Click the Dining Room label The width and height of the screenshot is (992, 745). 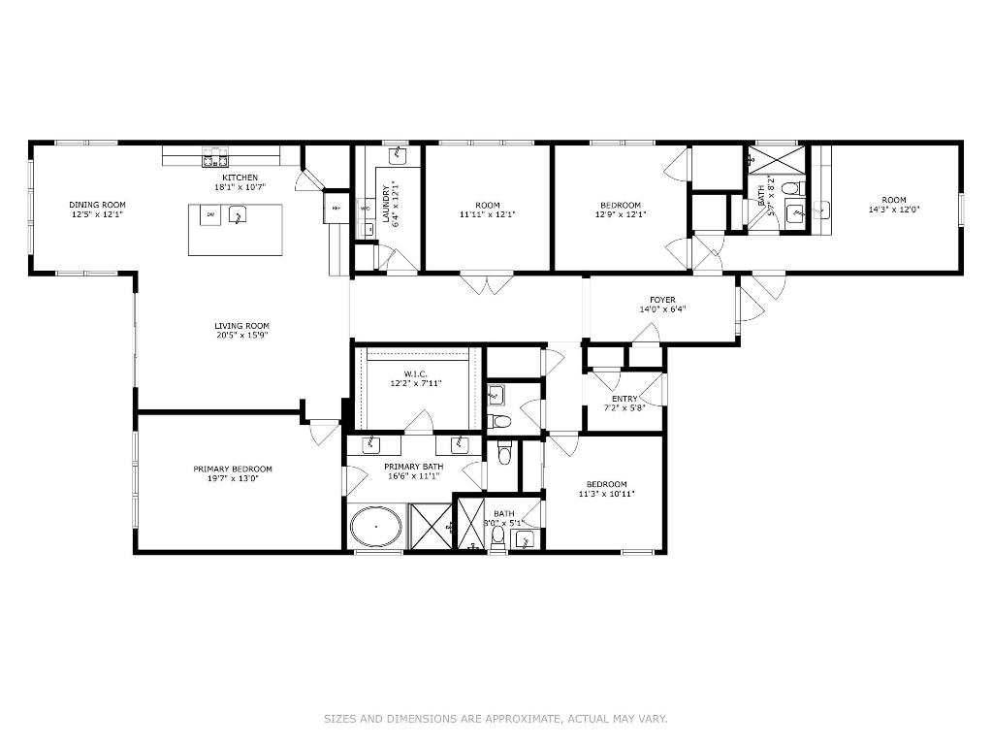tap(97, 205)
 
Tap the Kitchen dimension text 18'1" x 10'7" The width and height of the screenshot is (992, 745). tap(240, 187)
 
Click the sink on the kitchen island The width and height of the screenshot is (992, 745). tap(236, 217)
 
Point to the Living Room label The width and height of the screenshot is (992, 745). tap(241, 326)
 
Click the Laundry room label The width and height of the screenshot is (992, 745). tap(385, 205)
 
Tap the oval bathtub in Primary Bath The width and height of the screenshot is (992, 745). tap(375, 529)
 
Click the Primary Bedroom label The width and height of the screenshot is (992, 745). tap(232, 470)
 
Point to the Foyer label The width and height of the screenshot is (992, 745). tap(662, 300)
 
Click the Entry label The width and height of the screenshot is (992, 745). tap(624, 399)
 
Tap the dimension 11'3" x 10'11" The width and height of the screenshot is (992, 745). tap(606, 494)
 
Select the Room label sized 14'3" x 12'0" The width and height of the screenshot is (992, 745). tap(894, 200)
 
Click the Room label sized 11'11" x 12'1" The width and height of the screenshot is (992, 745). tap(488, 205)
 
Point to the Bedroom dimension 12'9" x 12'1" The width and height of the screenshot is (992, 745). tap(620, 214)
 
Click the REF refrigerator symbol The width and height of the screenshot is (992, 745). tap(336, 209)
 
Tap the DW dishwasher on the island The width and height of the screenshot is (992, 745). tap(209, 214)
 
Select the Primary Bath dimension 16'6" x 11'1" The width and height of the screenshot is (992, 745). tap(413, 476)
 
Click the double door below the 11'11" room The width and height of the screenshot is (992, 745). tap(485, 283)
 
